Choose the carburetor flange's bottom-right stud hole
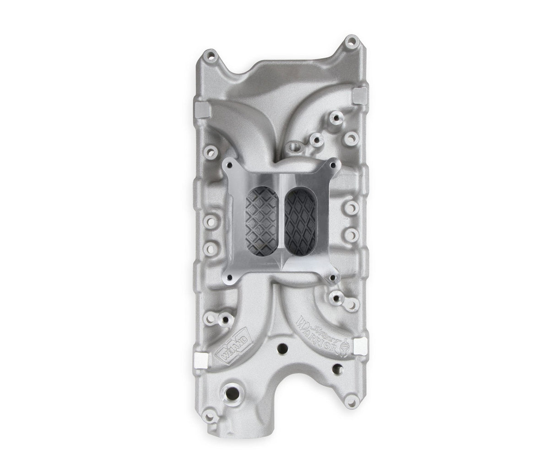click(333, 276)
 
